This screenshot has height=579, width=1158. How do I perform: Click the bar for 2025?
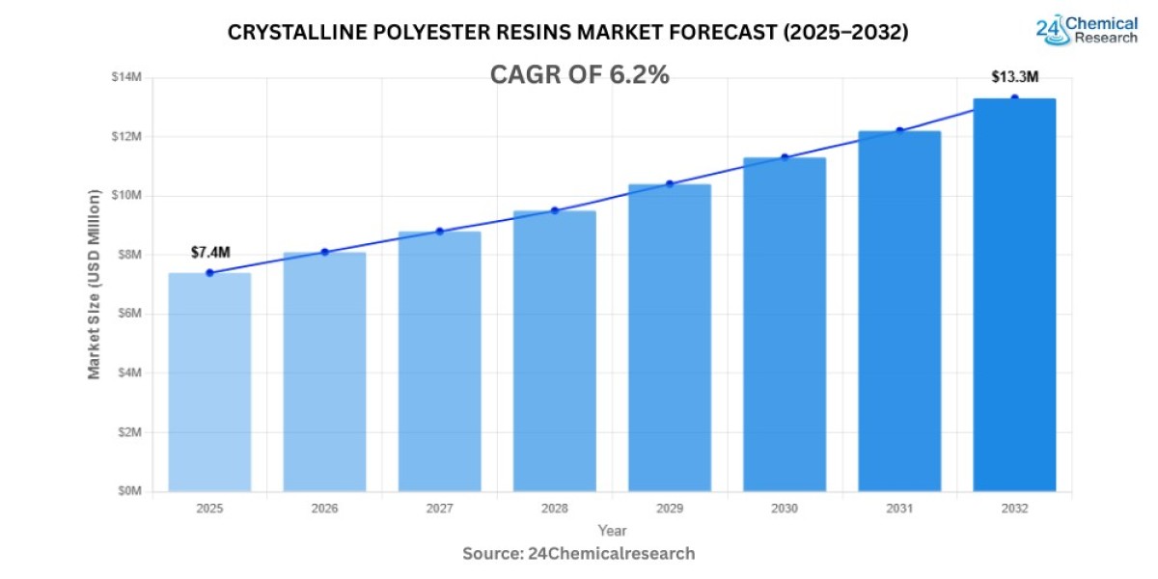pos(209,382)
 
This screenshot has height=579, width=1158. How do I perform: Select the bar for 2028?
pos(554,351)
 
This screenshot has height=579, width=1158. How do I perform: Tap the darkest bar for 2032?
pos(1014,295)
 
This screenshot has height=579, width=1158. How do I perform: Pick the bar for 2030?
pos(784,324)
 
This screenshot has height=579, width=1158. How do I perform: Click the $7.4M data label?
pos(209,252)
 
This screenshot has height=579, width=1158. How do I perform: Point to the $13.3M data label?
pos(1014,76)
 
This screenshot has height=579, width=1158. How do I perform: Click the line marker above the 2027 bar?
pos(439,232)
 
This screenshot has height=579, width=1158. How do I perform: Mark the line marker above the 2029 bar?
pos(670,183)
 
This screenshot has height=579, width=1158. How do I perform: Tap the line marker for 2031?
pos(899,130)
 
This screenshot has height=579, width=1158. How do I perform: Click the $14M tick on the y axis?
pos(126,77)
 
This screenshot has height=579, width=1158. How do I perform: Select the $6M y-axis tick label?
pos(128,314)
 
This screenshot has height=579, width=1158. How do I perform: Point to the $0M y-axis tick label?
pos(128,491)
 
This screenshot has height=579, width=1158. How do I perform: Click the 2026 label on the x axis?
pos(324,508)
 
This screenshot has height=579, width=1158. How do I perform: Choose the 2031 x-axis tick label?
pos(899,508)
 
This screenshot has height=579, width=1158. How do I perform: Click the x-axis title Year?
pos(612,531)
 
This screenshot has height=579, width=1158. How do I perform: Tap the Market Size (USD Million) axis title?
pos(95,285)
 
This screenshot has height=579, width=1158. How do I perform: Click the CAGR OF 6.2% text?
pos(579,75)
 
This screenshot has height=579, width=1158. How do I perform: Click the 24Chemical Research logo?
pos(1087,29)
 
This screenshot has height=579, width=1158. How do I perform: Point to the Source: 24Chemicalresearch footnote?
pos(579,554)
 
